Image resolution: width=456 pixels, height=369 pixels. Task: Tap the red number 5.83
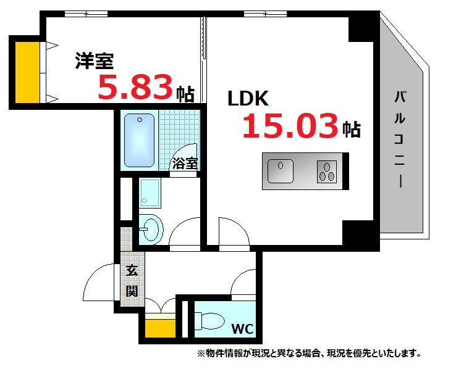135,88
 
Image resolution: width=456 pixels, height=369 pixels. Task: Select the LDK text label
247,98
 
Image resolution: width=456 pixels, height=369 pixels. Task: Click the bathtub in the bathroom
139,141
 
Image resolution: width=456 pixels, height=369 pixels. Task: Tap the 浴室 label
185,164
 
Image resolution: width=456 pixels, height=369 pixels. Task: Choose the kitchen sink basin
281,170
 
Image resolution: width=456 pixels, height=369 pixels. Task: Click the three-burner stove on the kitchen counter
326,170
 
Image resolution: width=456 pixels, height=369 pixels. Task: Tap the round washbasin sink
150,230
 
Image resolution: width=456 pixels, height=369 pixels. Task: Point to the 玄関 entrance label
132,280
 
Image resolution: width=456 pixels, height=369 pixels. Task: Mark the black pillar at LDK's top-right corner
362,28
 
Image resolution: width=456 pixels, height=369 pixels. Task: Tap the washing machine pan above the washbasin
149,192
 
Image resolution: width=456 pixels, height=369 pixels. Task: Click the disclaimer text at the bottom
309,354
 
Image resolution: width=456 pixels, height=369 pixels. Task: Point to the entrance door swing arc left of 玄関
99,281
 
